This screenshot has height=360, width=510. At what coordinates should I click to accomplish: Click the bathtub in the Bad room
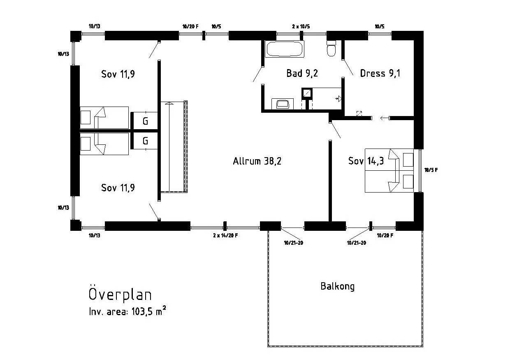click(x=284, y=49)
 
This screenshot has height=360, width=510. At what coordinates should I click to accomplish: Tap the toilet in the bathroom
click(x=331, y=48)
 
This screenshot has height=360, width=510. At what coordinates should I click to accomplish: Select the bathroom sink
click(x=283, y=104)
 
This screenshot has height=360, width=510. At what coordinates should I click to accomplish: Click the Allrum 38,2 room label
click(x=257, y=161)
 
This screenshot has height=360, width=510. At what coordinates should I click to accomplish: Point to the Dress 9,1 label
click(x=380, y=73)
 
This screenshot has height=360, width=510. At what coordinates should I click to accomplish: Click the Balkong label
click(x=337, y=286)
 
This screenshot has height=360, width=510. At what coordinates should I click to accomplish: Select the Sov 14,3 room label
click(x=366, y=161)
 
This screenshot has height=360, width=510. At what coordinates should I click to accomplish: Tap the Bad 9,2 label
click(x=302, y=73)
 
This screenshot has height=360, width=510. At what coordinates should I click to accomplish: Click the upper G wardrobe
click(x=145, y=121)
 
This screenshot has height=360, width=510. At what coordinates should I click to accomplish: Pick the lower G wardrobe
click(x=145, y=141)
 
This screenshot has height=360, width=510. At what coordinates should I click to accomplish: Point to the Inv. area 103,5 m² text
click(x=127, y=311)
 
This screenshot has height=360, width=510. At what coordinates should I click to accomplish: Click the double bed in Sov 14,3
click(x=389, y=171)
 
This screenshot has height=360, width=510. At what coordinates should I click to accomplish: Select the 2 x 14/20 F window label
click(x=225, y=235)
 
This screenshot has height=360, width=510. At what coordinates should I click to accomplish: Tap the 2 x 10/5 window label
click(x=301, y=26)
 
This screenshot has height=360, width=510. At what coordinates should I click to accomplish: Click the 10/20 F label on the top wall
click(x=190, y=26)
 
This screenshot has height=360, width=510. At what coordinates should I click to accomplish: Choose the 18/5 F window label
click(x=431, y=170)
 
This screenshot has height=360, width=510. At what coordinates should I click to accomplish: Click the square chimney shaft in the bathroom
click(x=307, y=93)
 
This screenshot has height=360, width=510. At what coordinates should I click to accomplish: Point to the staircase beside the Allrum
click(x=174, y=146)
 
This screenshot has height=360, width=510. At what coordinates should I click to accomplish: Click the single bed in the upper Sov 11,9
click(x=104, y=118)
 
